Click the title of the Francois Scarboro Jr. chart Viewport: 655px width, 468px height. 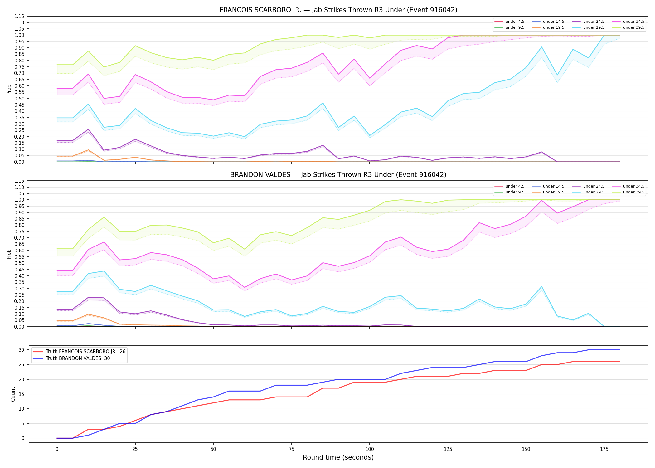[338, 10]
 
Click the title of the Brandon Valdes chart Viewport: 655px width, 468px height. [338, 175]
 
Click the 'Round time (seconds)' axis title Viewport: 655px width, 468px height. [338, 457]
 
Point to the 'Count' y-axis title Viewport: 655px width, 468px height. [13, 394]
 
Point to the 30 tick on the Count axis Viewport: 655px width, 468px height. [22, 350]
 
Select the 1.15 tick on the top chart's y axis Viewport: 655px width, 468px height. [19, 16]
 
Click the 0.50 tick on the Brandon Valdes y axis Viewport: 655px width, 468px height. [19, 263]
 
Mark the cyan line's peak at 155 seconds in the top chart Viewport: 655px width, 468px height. [541, 47]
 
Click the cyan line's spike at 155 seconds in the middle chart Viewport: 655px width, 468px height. [541, 287]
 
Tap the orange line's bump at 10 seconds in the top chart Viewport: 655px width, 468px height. [88, 150]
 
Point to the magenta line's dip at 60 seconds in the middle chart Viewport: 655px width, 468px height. [245, 287]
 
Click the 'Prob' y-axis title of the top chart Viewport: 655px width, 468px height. [9, 89]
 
